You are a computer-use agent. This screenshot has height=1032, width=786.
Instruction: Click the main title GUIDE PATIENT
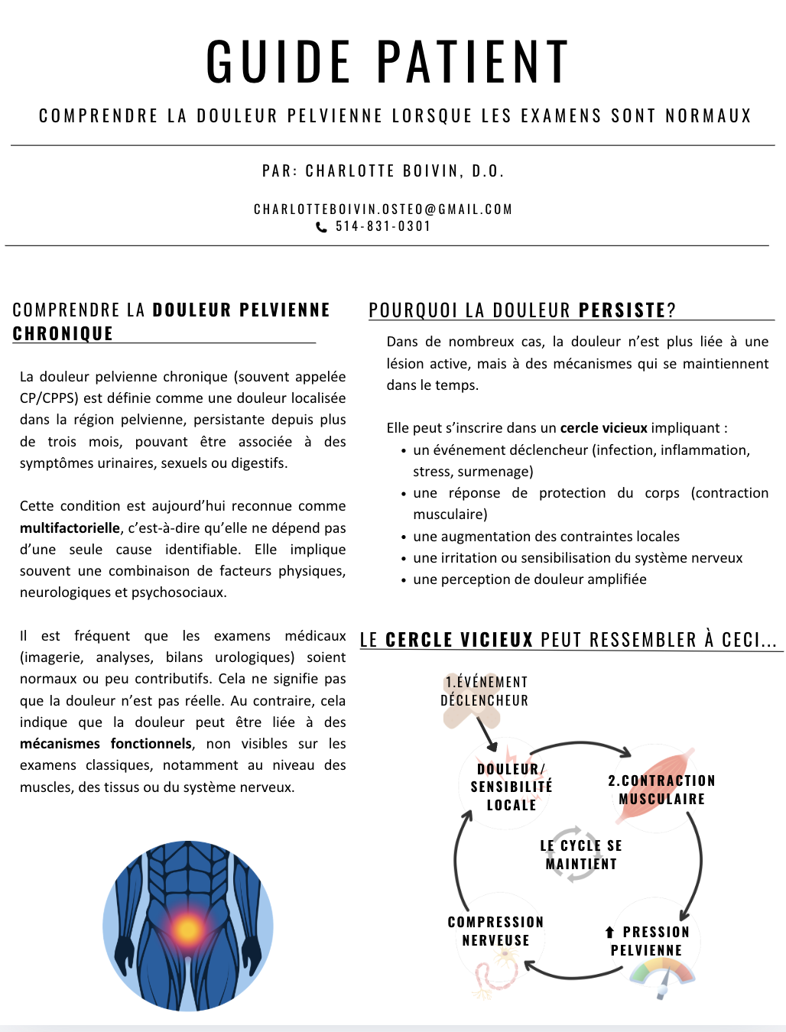(388, 62)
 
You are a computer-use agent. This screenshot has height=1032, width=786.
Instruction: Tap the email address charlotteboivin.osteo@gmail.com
(383, 209)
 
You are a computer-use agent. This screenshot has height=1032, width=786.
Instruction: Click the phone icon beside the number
(322, 227)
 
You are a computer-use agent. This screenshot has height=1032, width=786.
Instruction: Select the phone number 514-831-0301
(383, 226)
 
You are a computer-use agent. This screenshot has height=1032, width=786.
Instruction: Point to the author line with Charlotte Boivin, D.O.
(383, 171)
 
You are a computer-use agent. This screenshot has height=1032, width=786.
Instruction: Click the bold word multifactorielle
(70, 528)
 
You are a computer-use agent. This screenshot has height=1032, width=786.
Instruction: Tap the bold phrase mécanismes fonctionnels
(106, 744)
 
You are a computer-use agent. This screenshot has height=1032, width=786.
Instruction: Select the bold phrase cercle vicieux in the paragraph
(603, 428)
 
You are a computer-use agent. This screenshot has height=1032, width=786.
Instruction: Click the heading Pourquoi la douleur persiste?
(522, 310)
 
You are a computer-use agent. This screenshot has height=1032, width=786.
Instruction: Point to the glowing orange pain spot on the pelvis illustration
(188, 930)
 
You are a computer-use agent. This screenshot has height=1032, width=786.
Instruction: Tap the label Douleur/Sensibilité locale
(511, 787)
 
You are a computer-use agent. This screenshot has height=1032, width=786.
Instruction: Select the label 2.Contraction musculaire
(661, 790)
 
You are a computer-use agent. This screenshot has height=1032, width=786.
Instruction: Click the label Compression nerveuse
(495, 931)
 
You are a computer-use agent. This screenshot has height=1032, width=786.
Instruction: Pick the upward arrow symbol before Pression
(609, 932)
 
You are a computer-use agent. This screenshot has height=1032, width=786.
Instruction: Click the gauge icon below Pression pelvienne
(662, 978)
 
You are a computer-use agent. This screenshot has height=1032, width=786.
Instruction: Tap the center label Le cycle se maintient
(581, 855)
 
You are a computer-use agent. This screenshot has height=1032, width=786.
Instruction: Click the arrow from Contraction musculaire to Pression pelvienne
(697, 864)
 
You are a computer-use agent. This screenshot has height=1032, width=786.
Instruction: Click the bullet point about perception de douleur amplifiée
(529, 579)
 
